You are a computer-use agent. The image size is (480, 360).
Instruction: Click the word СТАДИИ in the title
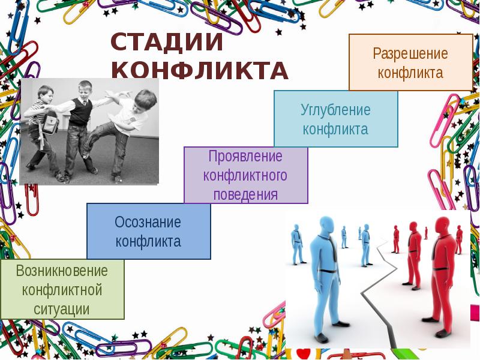(167, 44)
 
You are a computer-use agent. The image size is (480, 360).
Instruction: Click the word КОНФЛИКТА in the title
(200, 71)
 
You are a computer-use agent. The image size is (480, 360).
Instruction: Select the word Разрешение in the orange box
(410, 53)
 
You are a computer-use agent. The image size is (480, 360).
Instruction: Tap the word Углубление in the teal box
(335, 110)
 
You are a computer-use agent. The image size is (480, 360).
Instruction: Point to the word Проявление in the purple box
(245, 157)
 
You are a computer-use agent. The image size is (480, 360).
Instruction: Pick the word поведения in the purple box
(245, 194)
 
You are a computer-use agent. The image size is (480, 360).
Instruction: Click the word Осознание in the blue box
(148, 222)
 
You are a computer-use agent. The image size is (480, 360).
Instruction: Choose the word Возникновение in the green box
(62, 271)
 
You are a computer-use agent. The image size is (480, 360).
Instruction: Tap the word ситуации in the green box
(62, 310)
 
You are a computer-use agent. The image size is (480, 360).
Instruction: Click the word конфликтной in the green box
(62, 290)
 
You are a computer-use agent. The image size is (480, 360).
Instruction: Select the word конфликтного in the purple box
(245, 176)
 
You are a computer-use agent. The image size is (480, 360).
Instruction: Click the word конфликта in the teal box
(335, 129)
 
